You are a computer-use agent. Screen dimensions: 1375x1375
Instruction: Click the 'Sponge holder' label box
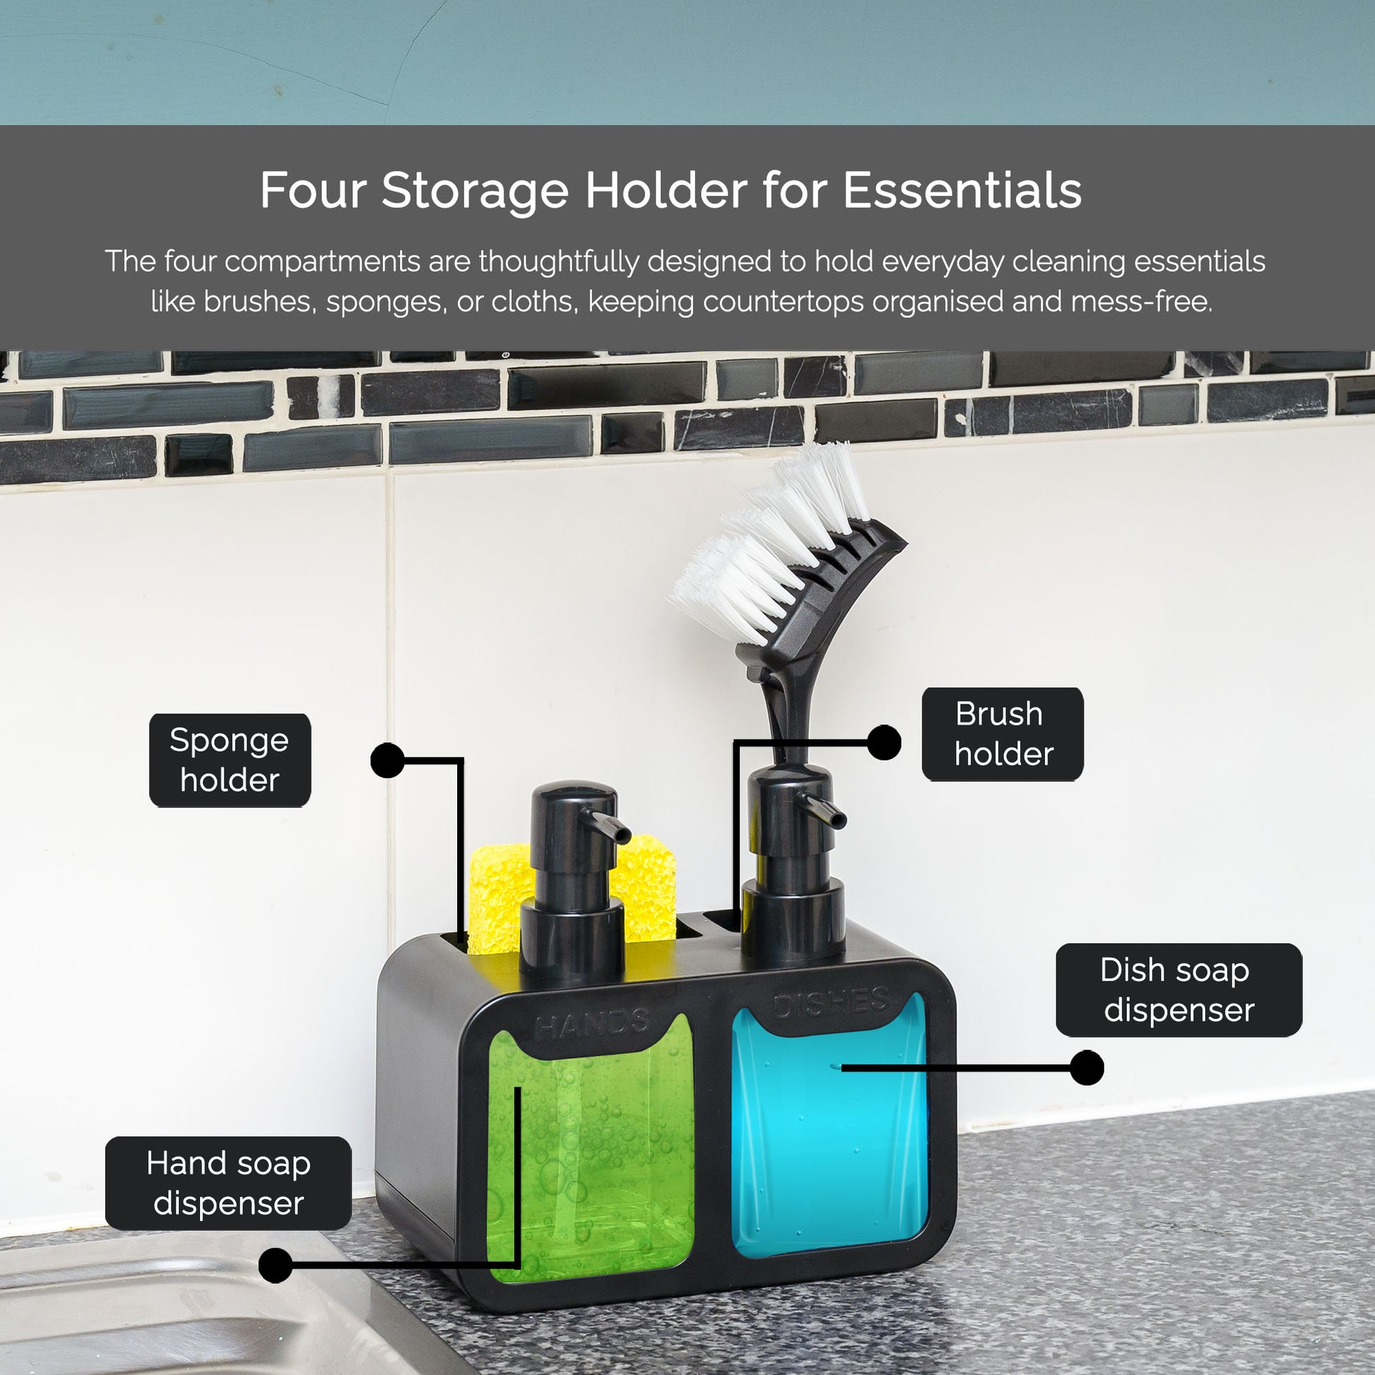point(230,760)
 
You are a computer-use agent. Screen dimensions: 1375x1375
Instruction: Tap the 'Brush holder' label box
point(1002,733)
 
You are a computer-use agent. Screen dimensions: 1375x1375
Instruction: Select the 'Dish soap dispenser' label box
point(1179,990)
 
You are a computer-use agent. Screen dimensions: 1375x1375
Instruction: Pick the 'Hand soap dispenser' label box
point(228,1183)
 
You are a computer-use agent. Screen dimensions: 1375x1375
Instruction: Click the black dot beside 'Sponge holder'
point(387,760)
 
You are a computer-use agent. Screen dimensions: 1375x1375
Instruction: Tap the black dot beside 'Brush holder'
point(884,743)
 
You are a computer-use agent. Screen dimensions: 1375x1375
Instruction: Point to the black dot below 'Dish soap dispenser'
point(1087,1068)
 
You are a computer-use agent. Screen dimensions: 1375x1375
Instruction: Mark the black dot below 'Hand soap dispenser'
point(276,1265)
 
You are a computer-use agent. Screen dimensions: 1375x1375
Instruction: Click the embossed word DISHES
point(831,1002)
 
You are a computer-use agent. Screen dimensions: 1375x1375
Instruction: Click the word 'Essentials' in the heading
point(962,191)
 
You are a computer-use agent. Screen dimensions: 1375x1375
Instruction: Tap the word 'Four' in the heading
point(312,191)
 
